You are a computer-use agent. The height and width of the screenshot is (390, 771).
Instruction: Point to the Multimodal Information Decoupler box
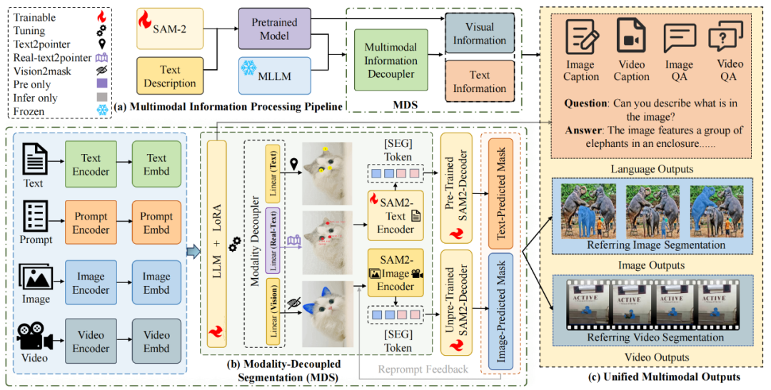390,61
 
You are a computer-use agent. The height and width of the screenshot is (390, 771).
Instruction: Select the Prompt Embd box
156,222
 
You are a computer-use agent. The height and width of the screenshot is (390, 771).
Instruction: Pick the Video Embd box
156,342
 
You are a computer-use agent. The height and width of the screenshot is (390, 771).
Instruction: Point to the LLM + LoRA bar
216,243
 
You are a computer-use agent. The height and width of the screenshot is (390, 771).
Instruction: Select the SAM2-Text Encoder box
395,215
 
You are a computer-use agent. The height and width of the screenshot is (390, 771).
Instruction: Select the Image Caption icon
580,35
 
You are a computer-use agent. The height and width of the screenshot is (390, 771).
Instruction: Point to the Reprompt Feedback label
423,369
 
